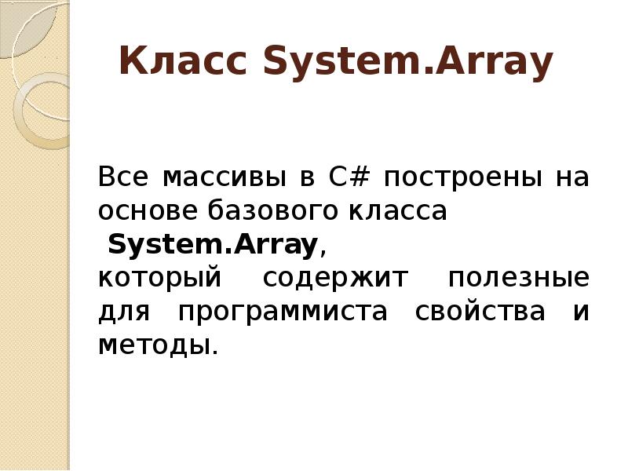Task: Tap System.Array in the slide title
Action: (409, 63)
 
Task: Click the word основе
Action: (148, 211)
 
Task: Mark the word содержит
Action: (336, 279)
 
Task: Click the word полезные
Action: (518, 279)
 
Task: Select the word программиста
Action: (283, 312)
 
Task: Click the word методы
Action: (155, 345)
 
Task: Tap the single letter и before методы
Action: (580, 312)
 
